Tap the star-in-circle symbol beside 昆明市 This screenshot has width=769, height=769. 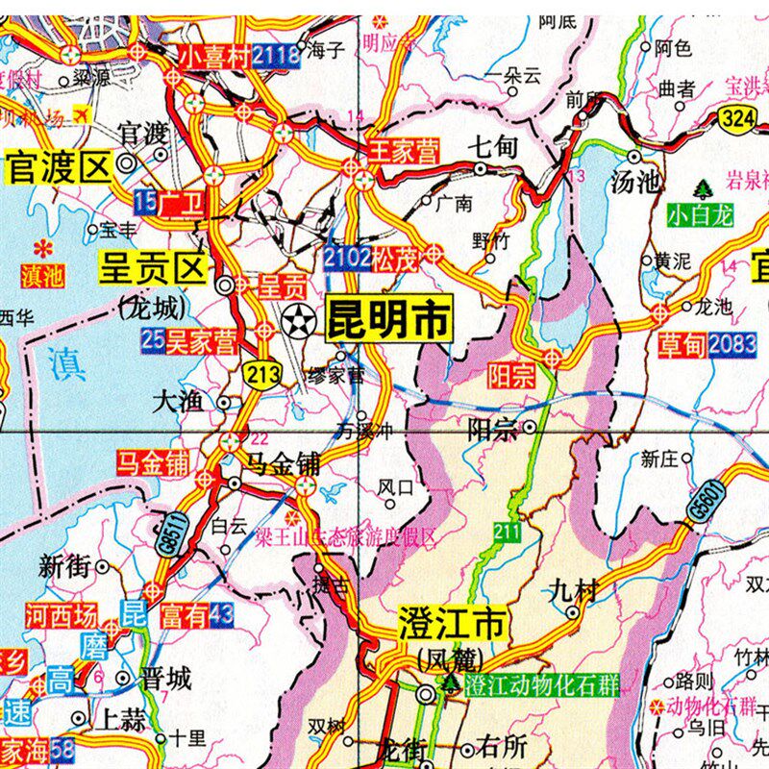(x=299, y=318)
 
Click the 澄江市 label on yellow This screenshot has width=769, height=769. (x=451, y=626)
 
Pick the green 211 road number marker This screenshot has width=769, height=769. (x=507, y=531)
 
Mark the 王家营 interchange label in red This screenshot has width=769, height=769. (x=405, y=151)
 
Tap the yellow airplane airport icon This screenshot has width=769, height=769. (x=81, y=115)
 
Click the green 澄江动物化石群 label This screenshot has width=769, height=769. (x=541, y=685)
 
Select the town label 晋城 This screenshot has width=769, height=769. (x=166, y=679)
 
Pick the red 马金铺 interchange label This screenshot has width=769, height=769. (x=153, y=463)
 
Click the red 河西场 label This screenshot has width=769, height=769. (x=61, y=612)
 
